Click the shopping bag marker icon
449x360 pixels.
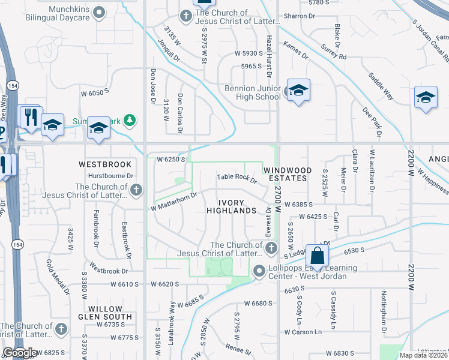point(317,254)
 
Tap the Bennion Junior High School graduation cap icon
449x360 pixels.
point(298,90)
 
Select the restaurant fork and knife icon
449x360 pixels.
point(29,116)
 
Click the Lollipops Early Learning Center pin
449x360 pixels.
point(259,272)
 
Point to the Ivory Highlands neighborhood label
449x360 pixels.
point(231,205)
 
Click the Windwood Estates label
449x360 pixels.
point(288,174)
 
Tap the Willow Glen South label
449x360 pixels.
point(104,312)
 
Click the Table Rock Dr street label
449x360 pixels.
point(237,178)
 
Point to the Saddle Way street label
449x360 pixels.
point(381,86)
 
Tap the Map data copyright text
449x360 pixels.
point(424,355)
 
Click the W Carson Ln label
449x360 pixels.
point(303,332)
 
